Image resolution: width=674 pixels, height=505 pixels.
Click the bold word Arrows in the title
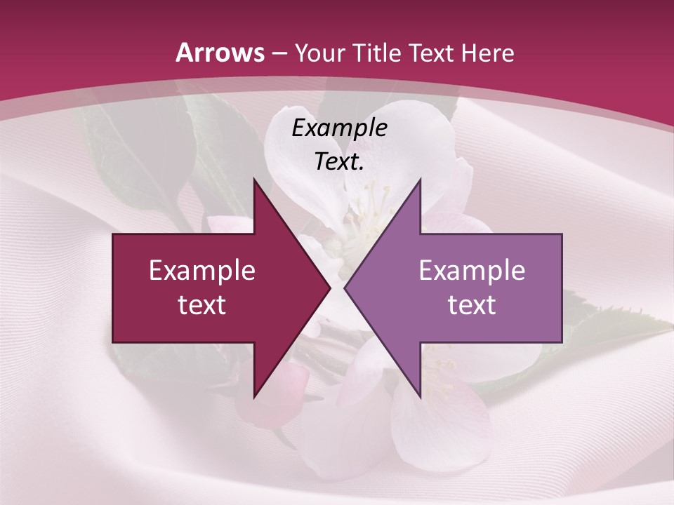[x=220, y=53]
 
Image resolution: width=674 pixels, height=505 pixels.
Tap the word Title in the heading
[x=378, y=53]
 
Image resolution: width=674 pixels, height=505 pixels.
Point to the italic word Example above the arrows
[x=339, y=128]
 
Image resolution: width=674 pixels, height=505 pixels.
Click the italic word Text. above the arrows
[x=339, y=162]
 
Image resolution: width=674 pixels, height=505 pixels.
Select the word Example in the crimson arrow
[x=201, y=270]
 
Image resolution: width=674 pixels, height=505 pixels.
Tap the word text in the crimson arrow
[x=201, y=304]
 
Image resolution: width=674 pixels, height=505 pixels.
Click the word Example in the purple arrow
[x=472, y=270]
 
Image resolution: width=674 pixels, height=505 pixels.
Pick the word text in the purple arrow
[x=472, y=304]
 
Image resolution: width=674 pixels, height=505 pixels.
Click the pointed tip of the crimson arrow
[x=329, y=288]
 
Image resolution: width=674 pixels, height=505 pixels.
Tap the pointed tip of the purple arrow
[x=345, y=288]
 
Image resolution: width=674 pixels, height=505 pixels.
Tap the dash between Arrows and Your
[x=279, y=53]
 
